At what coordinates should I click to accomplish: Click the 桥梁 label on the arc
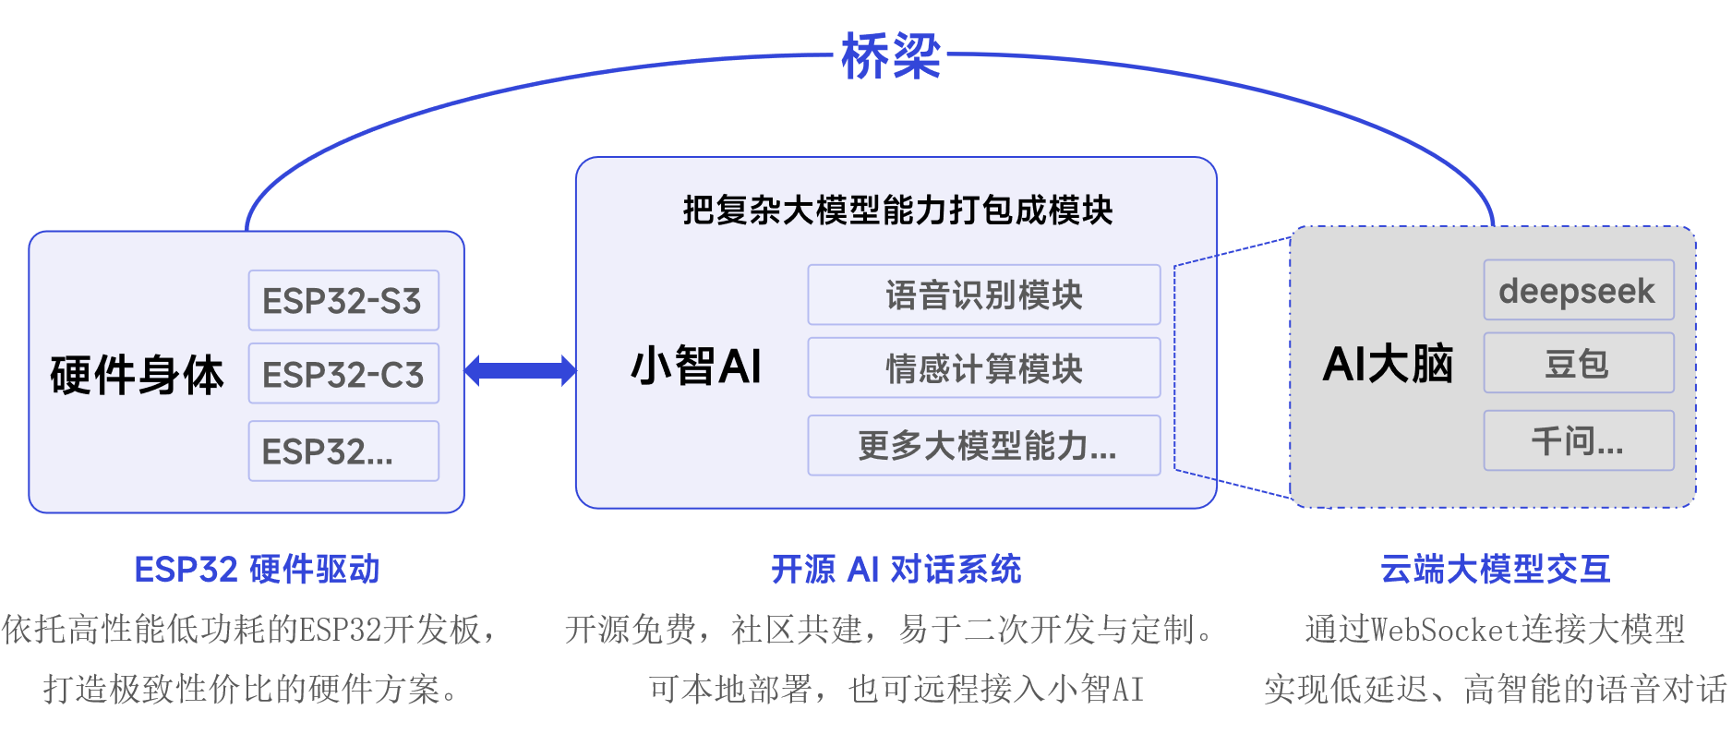890,55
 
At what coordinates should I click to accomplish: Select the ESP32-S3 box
343,300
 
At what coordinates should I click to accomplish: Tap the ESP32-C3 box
343,374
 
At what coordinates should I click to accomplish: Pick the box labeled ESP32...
343,451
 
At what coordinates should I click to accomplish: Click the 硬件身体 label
137,375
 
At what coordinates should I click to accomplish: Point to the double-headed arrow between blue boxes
520,370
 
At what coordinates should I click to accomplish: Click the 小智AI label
696,366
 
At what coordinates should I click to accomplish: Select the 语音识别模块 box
984,295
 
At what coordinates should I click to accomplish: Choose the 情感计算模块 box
984,368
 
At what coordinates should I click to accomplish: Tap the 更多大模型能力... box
984,445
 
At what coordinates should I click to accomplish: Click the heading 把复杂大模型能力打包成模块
897,211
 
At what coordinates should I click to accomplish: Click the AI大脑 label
1388,364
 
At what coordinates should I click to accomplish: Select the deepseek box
1578,291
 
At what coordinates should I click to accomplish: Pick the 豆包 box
1578,364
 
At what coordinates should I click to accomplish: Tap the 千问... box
1578,440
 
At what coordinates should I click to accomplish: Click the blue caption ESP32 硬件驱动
257,569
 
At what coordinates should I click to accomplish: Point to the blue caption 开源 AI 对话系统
896,569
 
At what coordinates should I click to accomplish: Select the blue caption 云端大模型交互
1495,569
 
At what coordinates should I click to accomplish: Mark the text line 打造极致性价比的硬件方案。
250,689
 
